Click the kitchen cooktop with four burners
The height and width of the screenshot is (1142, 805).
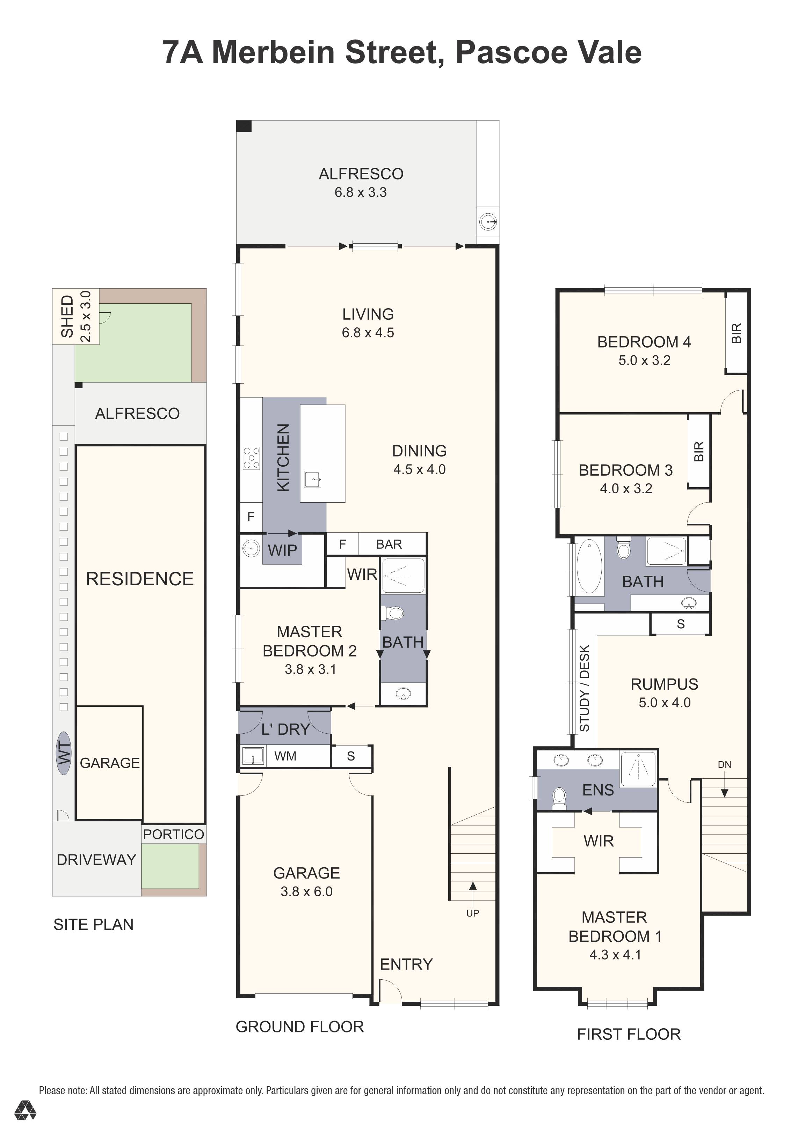[x=251, y=458]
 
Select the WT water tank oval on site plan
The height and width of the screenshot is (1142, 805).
[x=64, y=753]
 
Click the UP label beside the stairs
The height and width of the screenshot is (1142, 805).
[x=472, y=913]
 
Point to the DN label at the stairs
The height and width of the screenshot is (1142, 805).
[x=724, y=764]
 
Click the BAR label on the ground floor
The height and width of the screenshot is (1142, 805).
[x=389, y=544]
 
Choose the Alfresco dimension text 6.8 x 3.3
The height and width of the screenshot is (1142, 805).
[x=361, y=193]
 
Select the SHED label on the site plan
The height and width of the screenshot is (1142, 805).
[x=67, y=316]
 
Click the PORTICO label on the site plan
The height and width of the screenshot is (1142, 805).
[x=173, y=835]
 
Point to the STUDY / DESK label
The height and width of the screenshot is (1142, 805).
[x=585, y=688]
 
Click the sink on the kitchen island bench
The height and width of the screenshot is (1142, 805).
[x=313, y=480]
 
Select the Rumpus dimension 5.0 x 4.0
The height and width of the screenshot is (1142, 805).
[x=665, y=703]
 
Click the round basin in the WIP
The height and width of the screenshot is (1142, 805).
[x=251, y=549]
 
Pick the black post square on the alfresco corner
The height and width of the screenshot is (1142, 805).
[x=244, y=126]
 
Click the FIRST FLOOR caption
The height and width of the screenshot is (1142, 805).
[x=628, y=1035]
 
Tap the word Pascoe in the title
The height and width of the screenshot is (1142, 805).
[x=512, y=52]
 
